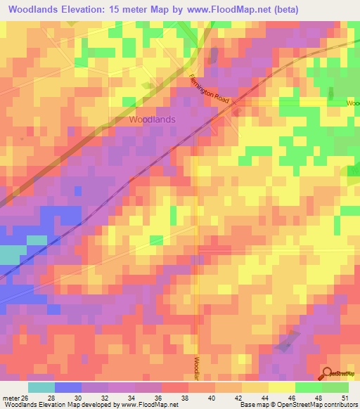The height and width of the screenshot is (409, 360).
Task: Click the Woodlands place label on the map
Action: tap(152, 119)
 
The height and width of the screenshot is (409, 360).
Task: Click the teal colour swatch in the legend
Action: tap(41, 387)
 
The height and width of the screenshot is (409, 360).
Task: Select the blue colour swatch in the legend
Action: tap(67, 387)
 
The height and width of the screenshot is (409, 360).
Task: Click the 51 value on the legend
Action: tap(345, 397)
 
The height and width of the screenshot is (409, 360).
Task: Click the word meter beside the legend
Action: tap(8, 397)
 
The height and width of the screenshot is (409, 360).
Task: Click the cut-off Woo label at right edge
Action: tap(352, 103)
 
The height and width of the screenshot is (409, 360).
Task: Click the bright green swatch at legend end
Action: tap(335, 387)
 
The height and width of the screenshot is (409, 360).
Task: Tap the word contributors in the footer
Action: tap(340, 405)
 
